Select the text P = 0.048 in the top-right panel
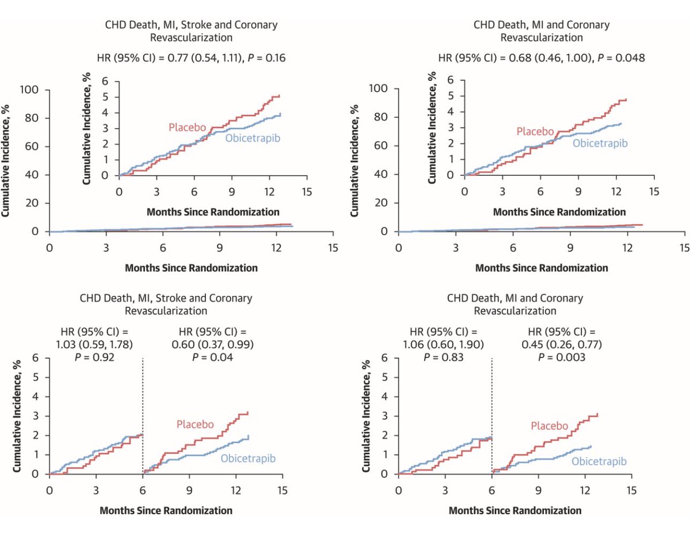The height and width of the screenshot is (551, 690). click(x=623, y=57)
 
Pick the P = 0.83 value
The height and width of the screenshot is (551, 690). click(x=446, y=356)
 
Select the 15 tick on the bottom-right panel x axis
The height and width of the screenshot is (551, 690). click(x=631, y=491)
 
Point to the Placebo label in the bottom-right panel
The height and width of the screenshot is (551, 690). click(x=549, y=426)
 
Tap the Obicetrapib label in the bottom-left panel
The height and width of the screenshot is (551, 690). click(x=248, y=458)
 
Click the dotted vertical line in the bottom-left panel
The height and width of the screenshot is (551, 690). click(x=143, y=414)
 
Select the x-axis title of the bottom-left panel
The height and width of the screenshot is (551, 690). click(x=166, y=510)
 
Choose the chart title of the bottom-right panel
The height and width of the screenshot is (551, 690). click(x=515, y=305)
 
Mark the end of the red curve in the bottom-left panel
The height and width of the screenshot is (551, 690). click(x=247, y=413)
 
